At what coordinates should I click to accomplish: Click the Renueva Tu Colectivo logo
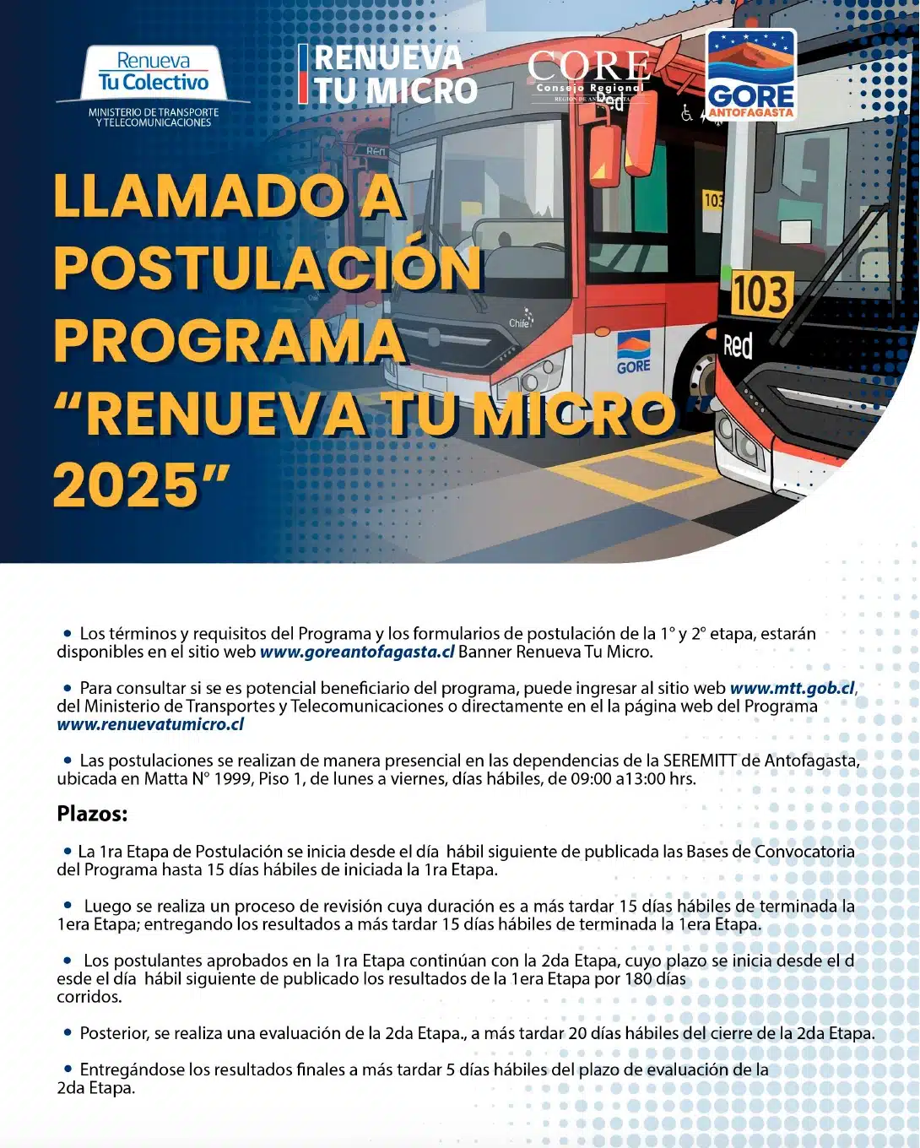coord(153,73)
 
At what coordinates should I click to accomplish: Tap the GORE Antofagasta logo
coord(750,74)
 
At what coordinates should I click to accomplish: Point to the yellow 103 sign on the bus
coord(760,295)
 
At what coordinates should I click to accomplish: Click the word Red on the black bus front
coord(738,345)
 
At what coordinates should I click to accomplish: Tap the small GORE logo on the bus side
coord(633,354)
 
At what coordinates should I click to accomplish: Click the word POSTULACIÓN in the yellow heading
coord(268,269)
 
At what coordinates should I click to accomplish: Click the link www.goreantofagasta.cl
coord(357,652)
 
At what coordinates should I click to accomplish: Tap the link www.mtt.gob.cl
coord(793,688)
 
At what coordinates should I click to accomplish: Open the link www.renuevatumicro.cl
coord(150,724)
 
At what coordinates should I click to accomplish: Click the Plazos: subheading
coord(92,815)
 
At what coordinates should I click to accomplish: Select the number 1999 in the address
coord(232,778)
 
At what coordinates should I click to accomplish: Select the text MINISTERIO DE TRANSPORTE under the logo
coord(154,112)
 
